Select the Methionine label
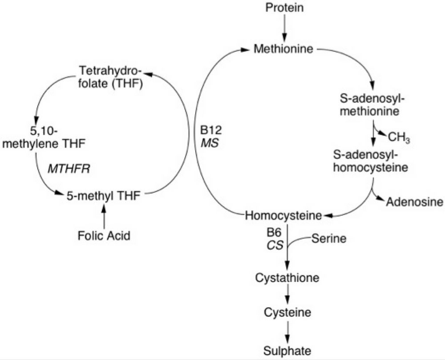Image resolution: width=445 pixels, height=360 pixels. [283, 49]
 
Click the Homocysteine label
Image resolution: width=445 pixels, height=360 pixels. [283, 216]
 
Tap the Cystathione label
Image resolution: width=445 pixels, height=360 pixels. [287, 278]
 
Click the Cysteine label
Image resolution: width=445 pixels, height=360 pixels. [287, 313]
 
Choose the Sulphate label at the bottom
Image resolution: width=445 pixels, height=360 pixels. [287, 350]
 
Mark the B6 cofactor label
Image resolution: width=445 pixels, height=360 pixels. [272, 234]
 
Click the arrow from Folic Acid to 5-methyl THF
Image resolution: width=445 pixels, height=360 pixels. [104, 215]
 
